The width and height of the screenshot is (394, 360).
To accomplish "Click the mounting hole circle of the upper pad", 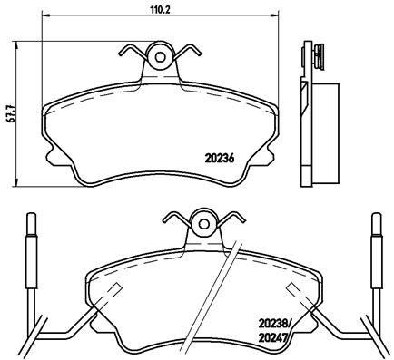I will pyautogui.click(x=161, y=57).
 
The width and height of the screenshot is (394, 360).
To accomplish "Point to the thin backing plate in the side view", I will pyautogui.click(x=304, y=118).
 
